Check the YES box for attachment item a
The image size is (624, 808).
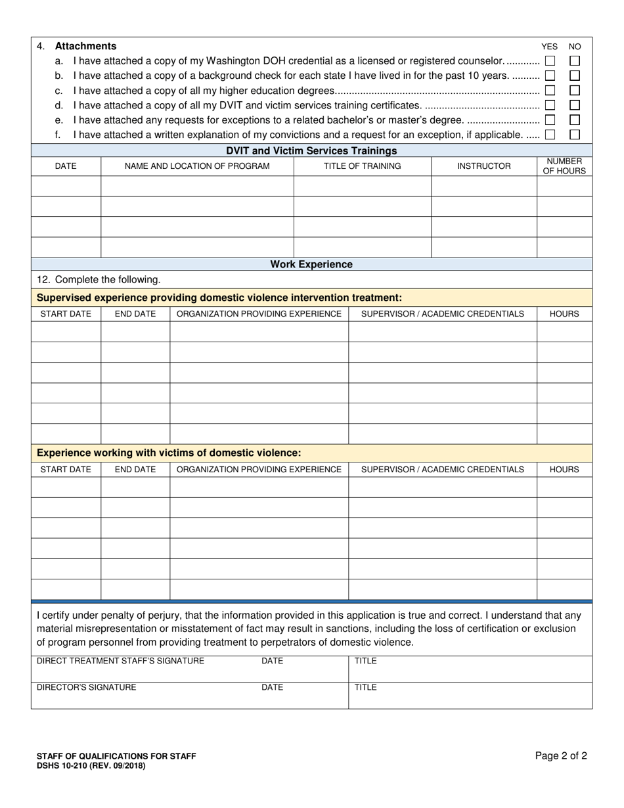coord(550,60)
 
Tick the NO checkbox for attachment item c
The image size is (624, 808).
coord(575,90)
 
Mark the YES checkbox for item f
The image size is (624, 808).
coord(550,135)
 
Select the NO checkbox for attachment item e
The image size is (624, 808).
coord(575,120)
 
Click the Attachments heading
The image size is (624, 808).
coord(85,46)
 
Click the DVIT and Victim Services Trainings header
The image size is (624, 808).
coord(311,150)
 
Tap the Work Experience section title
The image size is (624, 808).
coord(311,264)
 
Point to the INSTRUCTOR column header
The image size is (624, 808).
coord(483,166)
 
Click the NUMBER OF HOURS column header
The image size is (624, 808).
coord(564,166)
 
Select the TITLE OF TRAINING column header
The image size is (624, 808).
coord(362,166)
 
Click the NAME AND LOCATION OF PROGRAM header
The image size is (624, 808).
coord(197,166)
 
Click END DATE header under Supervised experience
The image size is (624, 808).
coord(135,314)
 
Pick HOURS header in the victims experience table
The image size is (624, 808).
coord(564,470)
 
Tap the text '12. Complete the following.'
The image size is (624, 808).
coord(99,280)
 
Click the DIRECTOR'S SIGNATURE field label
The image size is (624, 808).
coord(86,687)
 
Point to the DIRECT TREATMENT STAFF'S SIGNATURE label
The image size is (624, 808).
coord(120,661)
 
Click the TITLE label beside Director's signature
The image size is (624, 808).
coord(366,687)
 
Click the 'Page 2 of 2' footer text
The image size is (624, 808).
coord(561,756)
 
